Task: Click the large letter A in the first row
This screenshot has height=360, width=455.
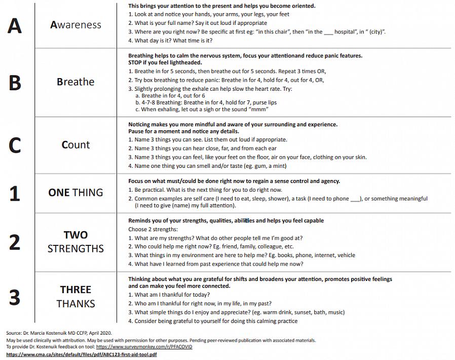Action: (15, 25)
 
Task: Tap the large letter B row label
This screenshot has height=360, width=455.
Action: (15, 83)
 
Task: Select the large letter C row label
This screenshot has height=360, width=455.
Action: (15, 146)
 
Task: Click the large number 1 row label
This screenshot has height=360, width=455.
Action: (15, 193)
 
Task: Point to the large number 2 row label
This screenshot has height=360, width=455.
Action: (15, 242)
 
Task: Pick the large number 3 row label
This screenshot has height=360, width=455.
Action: (15, 297)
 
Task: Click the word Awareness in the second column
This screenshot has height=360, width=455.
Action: (75, 25)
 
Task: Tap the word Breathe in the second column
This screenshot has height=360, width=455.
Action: (75, 82)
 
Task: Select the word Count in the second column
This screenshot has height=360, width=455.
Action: (75, 145)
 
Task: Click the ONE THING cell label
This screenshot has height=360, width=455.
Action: (75, 193)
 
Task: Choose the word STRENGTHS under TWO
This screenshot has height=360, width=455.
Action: (75, 249)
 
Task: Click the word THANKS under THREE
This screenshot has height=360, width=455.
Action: (75, 304)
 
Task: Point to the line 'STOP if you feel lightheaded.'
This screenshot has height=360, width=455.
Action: (165, 63)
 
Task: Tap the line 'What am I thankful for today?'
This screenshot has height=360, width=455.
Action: (169, 295)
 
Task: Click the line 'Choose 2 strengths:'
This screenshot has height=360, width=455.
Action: (149, 229)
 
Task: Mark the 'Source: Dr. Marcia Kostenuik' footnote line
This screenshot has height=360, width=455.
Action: (58, 333)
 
